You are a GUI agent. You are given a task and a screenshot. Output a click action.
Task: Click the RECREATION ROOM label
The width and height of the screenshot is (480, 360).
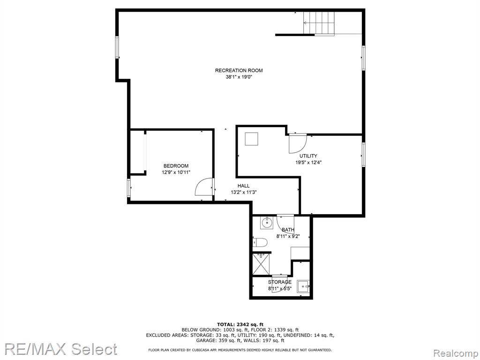(x=239, y=70)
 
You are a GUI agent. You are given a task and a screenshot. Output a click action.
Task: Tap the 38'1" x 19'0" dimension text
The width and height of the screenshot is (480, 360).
(x=239, y=77)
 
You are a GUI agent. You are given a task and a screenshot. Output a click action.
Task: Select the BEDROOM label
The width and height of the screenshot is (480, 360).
(x=176, y=166)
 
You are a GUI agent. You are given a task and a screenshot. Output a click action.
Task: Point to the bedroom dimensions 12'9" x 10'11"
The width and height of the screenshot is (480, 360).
(x=176, y=172)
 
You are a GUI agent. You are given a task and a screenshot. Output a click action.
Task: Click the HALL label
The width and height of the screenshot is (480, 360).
(x=244, y=186)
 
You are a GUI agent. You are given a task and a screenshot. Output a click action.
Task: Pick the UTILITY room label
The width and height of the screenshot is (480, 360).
(x=308, y=156)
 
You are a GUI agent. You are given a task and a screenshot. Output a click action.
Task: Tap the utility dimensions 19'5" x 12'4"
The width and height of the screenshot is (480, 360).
(x=308, y=163)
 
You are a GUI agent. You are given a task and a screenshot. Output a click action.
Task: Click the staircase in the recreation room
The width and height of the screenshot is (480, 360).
(x=319, y=23)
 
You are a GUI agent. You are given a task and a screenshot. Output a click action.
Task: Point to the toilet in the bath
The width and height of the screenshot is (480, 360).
(x=261, y=243)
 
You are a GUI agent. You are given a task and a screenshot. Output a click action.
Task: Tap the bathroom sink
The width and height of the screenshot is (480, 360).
(x=267, y=223)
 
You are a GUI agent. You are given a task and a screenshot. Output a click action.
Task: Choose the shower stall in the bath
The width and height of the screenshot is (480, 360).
(x=261, y=263)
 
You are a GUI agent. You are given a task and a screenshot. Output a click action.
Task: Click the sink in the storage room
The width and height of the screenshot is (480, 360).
(x=303, y=286)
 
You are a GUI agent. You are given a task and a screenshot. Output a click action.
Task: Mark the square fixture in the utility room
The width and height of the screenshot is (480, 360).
(x=251, y=139)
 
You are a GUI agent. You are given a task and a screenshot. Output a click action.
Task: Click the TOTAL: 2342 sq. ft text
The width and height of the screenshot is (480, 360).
(x=240, y=324)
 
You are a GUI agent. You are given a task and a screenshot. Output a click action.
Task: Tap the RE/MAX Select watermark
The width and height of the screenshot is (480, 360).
(x=60, y=349)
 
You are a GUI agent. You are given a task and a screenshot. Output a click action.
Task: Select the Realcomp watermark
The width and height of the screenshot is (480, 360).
(x=455, y=353)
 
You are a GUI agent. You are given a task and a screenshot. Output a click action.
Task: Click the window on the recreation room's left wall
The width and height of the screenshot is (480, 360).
(x=117, y=47)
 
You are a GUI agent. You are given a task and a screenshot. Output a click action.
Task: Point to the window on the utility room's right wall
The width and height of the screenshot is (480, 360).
(x=363, y=155)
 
